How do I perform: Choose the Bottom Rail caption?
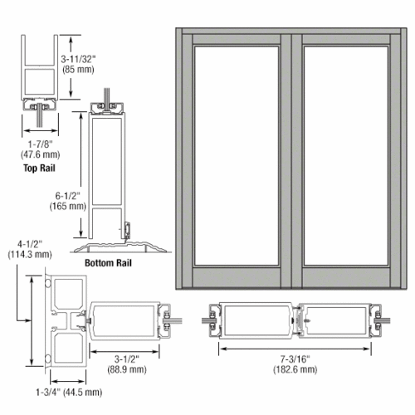(108, 263)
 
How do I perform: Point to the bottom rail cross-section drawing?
(110, 178)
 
